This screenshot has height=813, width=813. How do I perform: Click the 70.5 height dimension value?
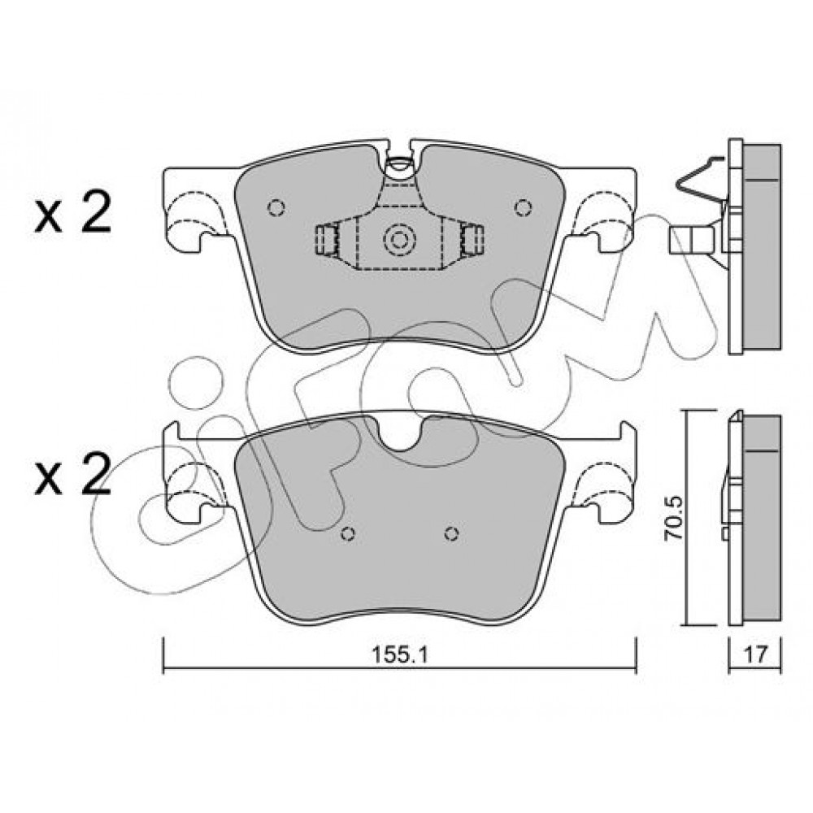tap(674, 519)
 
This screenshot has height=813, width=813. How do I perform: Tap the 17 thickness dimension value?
tap(755, 655)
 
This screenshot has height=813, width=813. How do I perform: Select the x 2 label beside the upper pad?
tap(73, 211)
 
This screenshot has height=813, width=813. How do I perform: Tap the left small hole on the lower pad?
tap(349, 533)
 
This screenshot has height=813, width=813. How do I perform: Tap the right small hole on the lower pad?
tap(451, 533)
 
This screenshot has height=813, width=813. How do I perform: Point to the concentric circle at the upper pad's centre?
tap(399, 240)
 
